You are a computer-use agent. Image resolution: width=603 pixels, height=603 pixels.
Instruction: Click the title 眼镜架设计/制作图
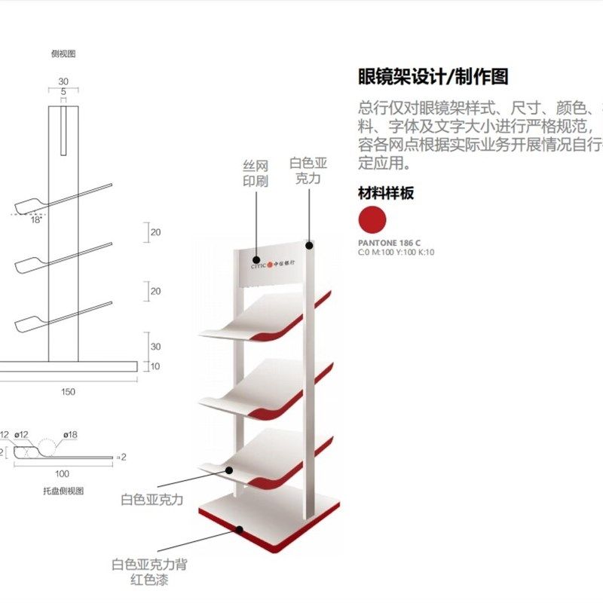[433, 76]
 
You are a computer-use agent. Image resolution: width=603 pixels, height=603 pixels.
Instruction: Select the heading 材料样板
[386, 193]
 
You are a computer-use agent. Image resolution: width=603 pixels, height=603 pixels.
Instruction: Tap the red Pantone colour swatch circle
[372, 219]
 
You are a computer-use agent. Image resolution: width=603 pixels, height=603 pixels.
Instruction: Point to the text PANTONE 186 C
[389, 243]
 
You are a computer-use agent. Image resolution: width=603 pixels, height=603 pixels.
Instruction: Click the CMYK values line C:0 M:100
[396, 253]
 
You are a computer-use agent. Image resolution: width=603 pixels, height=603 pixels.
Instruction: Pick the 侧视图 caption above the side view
[63, 54]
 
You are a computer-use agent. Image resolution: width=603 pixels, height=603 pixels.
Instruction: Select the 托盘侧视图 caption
[63, 491]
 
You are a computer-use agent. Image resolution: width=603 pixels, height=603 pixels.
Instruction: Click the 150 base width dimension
[68, 391]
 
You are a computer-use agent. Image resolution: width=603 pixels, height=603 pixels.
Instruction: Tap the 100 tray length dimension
[63, 474]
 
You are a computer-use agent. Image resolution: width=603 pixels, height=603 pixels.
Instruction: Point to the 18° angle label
[36, 220]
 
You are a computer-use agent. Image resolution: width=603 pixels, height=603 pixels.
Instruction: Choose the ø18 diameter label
[71, 435]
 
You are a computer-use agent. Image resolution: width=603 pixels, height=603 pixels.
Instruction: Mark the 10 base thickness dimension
[155, 366]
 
